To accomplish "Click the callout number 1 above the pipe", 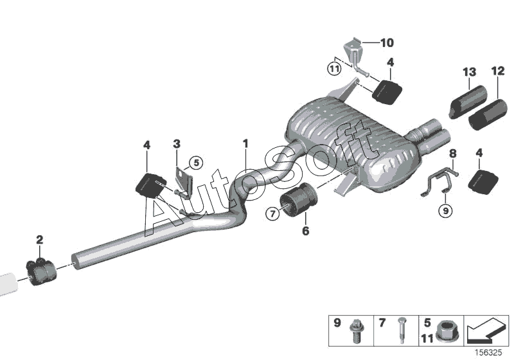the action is coord(245,142).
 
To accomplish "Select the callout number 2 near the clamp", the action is coord(40,240).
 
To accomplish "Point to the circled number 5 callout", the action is coord(196,163).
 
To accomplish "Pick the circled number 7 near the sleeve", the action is coord(272,212).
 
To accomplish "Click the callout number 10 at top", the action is coord(386,43).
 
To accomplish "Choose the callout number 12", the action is coord(499,70).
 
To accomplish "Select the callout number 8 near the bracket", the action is coord(452,154).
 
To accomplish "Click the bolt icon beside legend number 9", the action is coord(354,330).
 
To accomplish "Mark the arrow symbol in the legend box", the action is coord(486,330).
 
